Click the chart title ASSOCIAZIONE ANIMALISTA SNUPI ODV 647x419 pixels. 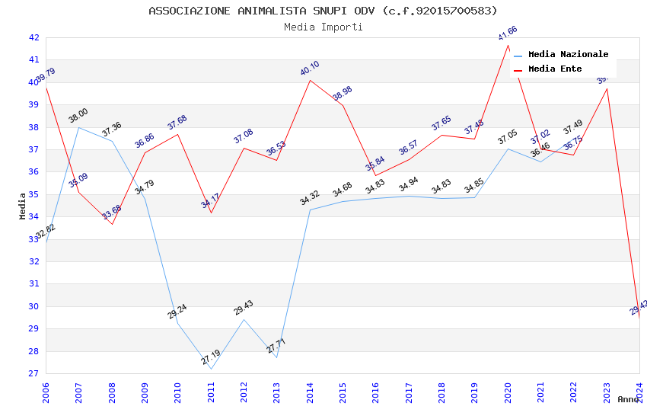point(323,11)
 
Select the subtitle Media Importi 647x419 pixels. point(323,27)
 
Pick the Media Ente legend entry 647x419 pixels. point(554,69)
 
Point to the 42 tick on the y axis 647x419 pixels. point(33,37)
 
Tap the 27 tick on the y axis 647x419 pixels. point(33,373)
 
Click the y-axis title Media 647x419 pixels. point(23,206)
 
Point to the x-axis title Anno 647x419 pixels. point(628,399)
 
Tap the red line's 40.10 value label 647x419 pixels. point(310,69)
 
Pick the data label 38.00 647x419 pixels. point(78,115)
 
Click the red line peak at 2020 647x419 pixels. point(508,45)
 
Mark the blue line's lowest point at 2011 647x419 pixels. point(211,369)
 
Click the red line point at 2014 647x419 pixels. point(310,80)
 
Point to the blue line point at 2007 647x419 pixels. point(79,127)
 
